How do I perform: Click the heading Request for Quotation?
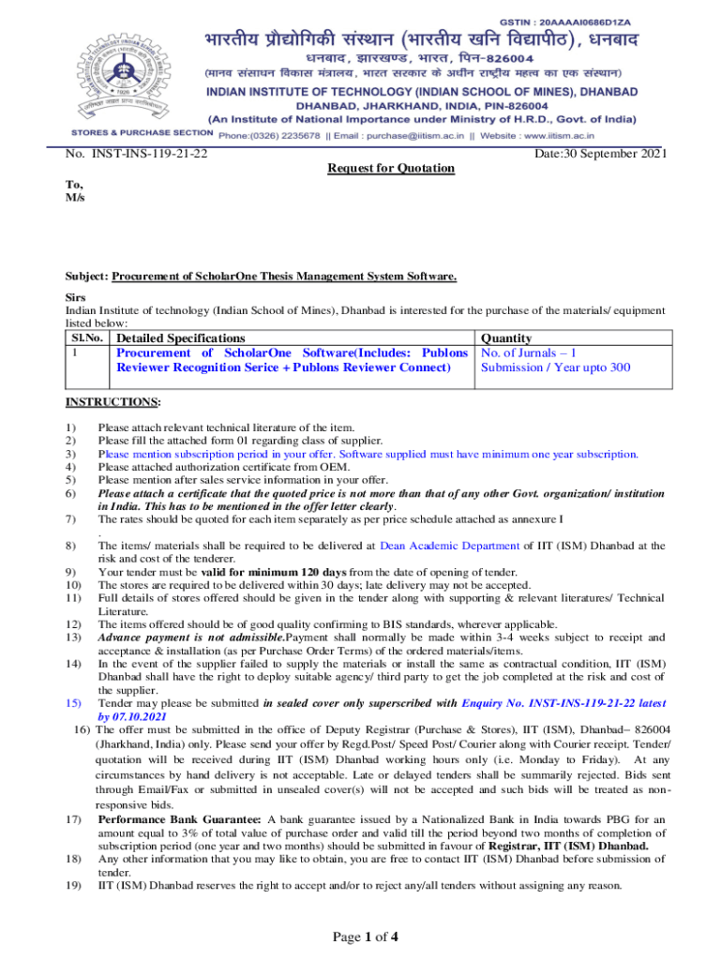390,168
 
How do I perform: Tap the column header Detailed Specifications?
180,337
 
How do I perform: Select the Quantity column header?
506,337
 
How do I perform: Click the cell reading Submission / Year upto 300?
555,367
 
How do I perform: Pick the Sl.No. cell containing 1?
74,353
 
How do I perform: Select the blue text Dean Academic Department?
450,545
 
